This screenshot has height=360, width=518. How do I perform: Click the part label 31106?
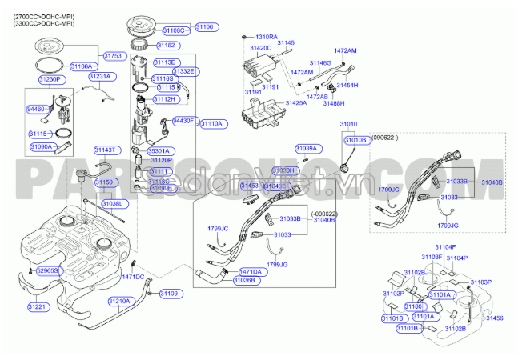click(x=205, y=27)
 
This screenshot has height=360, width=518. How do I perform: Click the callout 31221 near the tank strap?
click(x=38, y=306)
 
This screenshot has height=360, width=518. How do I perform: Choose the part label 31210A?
click(x=118, y=302)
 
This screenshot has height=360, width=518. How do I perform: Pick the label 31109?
click(x=170, y=294)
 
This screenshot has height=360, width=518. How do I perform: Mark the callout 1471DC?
click(x=133, y=277)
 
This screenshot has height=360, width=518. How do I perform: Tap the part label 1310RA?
click(x=266, y=37)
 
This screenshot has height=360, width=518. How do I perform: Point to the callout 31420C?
click(x=261, y=49)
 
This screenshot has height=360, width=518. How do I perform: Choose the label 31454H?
click(x=347, y=85)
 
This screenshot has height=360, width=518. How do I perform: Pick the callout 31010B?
click(x=355, y=140)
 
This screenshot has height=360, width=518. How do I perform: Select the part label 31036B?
click(x=244, y=281)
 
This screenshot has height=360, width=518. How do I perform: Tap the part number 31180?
click(x=414, y=307)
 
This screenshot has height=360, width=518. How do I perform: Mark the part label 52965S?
click(x=48, y=271)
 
